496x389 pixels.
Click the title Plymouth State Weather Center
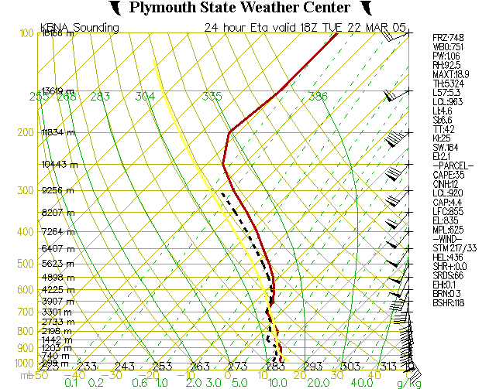(x=239, y=8)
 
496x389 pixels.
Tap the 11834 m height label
(x=59, y=132)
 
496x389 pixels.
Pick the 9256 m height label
(x=57, y=190)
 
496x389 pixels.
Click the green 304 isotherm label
(x=145, y=97)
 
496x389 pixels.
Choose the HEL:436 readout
(x=449, y=258)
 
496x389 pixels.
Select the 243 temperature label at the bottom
(x=124, y=367)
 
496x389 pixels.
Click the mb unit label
(x=26, y=375)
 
